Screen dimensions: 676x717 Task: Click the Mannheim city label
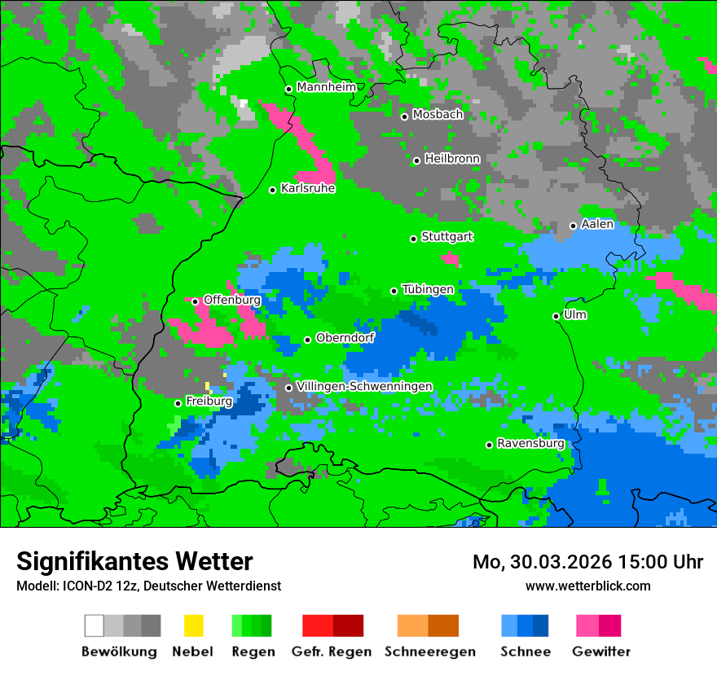coord(326,87)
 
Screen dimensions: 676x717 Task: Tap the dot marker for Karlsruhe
coord(273,190)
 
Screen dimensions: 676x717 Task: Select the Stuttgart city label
coord(446,237)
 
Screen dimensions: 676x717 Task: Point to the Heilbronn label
coord(452,159)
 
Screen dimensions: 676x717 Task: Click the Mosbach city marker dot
coord(404,116)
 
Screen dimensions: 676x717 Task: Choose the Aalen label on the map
coord(597,224)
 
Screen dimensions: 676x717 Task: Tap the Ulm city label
coord(575,314)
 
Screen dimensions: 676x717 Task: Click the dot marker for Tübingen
coord(394,291)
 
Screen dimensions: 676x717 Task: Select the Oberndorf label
coord(345,338)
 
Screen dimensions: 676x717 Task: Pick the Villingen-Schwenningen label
coord(364,386)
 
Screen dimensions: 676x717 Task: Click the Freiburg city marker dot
coord(178,403)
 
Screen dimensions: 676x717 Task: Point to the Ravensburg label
coord(530,444)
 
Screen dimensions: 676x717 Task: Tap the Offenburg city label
coord(231,300)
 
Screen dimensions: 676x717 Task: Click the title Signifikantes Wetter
coord(134,561)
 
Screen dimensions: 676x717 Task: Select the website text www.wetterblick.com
coord(587,586)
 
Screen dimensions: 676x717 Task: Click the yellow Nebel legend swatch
coord(193,626)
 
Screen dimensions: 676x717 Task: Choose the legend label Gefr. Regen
coord(332,652)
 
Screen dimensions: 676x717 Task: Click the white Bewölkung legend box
coord(95,626)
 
